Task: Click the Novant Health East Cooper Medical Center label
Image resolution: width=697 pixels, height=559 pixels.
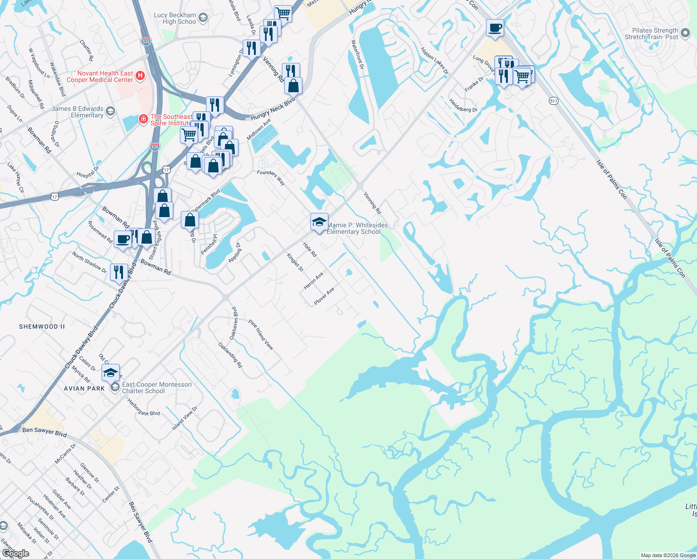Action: coord(100,76)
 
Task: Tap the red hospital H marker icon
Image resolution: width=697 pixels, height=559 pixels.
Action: coord(140,75)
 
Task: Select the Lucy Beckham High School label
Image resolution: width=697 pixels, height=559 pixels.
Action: coord(175,18)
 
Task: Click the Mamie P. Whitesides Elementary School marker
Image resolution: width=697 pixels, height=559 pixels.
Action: coord(319,222)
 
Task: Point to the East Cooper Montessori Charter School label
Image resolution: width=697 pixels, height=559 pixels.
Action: coord(157,388)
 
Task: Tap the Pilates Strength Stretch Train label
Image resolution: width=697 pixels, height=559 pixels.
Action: coord(651,34)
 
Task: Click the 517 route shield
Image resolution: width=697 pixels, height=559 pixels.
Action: coord(553,101)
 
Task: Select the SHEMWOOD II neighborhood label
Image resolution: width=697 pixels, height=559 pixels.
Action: coord(42,327)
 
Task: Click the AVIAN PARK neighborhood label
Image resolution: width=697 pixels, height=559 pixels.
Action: coord(84,389)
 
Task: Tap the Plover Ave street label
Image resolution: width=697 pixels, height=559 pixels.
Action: coord(324,296)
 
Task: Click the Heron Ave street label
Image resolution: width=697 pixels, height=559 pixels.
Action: coord(313,281)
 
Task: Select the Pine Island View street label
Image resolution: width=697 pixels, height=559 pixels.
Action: coord(261,334)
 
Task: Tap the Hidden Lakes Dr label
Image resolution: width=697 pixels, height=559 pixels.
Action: coord(434,61)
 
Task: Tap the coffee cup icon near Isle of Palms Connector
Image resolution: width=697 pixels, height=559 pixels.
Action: coord(495,28)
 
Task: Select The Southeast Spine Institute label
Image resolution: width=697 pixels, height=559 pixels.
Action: coord(171,120)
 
